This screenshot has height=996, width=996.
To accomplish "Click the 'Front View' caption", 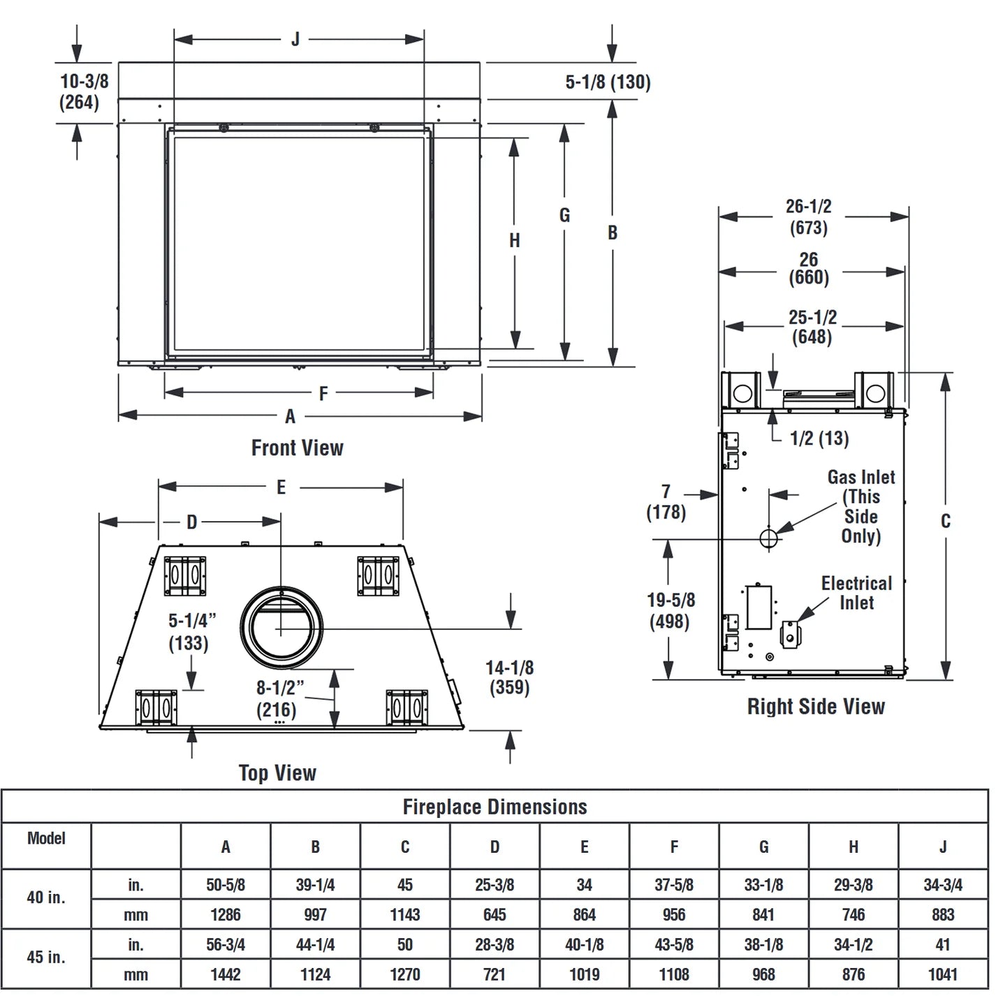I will [x=297, y=448].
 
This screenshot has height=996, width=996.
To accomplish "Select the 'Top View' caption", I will [x=277, y=772].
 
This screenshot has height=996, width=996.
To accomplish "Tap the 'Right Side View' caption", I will [x=816, y=706].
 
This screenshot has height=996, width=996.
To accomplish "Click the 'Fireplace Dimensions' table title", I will [x=495, y=807].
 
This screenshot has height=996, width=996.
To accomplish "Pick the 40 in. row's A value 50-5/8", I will [x=226, y=885].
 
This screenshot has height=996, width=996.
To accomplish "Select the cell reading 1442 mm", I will [x=226, y=974].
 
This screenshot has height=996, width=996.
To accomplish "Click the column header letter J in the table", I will [x=943, y=847].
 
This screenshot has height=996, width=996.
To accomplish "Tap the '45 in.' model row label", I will [x=46, y=957].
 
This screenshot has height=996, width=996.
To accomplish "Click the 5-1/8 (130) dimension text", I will [x=608, y=82].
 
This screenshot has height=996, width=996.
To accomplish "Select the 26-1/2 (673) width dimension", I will [x=808, y=217].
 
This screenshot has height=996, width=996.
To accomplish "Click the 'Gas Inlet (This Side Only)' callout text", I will [x=860, y=506].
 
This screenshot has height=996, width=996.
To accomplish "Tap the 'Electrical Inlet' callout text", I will [x=856, y=592].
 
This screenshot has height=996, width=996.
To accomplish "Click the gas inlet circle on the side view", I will [x=768, y=538].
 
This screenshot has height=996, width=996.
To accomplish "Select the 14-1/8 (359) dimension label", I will [x=510, y=677].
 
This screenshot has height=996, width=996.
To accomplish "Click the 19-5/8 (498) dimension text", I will [x=671, y=610].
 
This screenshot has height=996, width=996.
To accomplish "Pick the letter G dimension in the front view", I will [x=564, y=215].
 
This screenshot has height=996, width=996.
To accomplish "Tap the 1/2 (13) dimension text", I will [x=819, y=439].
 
